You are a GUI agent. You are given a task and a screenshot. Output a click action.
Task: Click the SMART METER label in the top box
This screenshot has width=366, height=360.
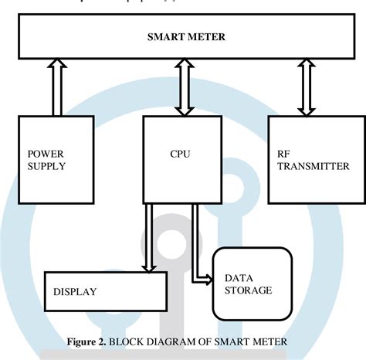[182, 36]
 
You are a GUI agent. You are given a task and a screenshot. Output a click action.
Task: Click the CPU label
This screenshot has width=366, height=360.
[180, 154]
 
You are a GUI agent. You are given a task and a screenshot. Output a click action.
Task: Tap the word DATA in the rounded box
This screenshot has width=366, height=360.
[238, 277]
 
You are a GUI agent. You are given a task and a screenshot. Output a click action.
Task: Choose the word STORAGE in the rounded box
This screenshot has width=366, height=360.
[248, 290]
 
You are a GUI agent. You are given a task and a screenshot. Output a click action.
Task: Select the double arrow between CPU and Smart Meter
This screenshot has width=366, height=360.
[182, 88]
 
